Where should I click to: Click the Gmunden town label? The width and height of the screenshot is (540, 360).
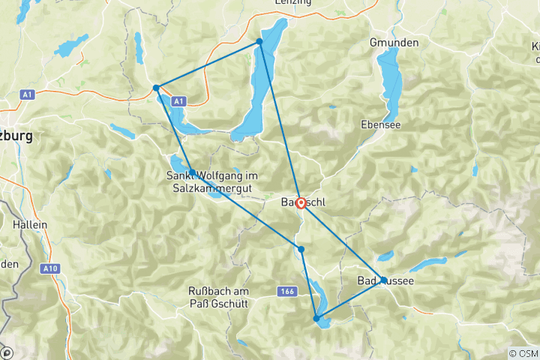[x=394, y=43]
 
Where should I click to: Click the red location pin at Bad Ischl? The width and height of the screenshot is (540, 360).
[x=301, y=202]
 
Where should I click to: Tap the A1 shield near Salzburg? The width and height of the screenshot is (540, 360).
[x=28, y=94]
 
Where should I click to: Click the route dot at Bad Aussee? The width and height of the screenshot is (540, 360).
[x=384, y=280]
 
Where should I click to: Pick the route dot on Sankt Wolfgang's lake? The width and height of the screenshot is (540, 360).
[x=192, y=172]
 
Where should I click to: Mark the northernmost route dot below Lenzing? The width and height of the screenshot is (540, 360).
[x=259, y=41]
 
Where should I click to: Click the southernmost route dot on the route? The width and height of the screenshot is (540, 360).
[x=316, y=319]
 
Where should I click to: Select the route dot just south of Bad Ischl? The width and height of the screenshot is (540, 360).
[x=301, y=249]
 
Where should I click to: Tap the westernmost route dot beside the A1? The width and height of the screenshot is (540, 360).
[x=156, y=88]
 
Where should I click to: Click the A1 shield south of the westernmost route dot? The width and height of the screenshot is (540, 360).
[x=178, y=100]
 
